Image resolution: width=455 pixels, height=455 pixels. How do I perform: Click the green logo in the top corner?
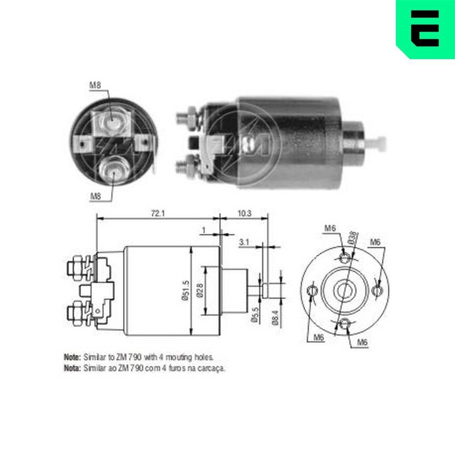425,29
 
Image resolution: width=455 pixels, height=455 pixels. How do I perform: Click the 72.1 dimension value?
158,213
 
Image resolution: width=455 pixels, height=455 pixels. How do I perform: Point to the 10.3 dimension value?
244,213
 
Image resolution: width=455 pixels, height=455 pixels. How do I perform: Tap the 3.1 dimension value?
244,242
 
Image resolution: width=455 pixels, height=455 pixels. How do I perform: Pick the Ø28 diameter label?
200,290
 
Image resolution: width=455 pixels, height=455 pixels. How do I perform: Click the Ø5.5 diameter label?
255,315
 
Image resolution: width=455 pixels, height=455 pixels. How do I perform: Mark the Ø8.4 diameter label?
275,318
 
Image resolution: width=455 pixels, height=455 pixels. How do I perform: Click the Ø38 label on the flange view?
353,238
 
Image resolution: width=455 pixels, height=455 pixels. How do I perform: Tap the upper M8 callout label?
95,85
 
